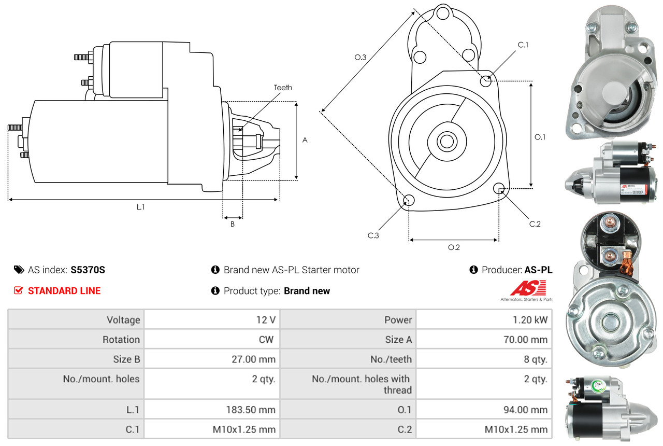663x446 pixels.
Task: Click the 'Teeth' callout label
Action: click(x=283, y=88)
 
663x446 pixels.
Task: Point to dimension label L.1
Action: click(x=140, y=207)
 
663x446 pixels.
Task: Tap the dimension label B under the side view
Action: click(x=233, y=225)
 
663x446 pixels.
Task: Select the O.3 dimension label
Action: click(x=361, y=58)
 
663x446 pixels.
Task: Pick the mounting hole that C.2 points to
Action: click(x=499, y=188)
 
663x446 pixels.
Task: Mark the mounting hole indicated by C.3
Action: click(x=409, y=201)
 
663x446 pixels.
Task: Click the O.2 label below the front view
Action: click(x=454, y=247)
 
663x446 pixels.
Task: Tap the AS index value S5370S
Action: click(x=88, y=270)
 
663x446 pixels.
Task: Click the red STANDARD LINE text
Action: click(x=64, y=291)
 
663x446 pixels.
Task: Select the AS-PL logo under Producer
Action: click(x=527, y=289)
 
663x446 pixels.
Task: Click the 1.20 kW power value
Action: click(x=530, y=320)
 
